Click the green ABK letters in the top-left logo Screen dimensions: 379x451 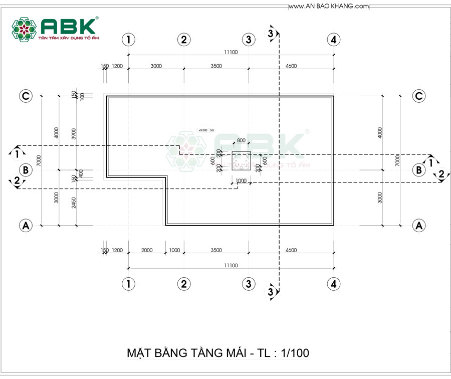click(x=69, y=27)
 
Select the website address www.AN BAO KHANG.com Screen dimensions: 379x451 click(x=329, y=6)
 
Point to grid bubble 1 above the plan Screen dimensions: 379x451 click(x=129, y=39)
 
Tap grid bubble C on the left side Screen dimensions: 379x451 click(x=26, y=96)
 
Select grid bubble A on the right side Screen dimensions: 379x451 click(x=419, y=226)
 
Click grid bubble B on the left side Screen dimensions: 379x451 click(x=26, y=170)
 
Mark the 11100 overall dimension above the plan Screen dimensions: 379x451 click(x=231, y=51)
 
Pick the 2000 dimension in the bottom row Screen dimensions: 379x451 click(x=147, y=250)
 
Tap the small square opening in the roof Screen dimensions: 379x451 click(x=241, y=160)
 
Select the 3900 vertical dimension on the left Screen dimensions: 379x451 click(x=74, y=133)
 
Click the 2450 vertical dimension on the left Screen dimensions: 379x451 click(x=74, y=203)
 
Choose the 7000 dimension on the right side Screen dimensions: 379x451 click(x=397, y=160)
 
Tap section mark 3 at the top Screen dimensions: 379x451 click(x=271, y=34)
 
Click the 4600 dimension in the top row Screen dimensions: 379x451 click(x=291, y=66)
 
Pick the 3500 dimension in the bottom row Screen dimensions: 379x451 click(x=215, y=250)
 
